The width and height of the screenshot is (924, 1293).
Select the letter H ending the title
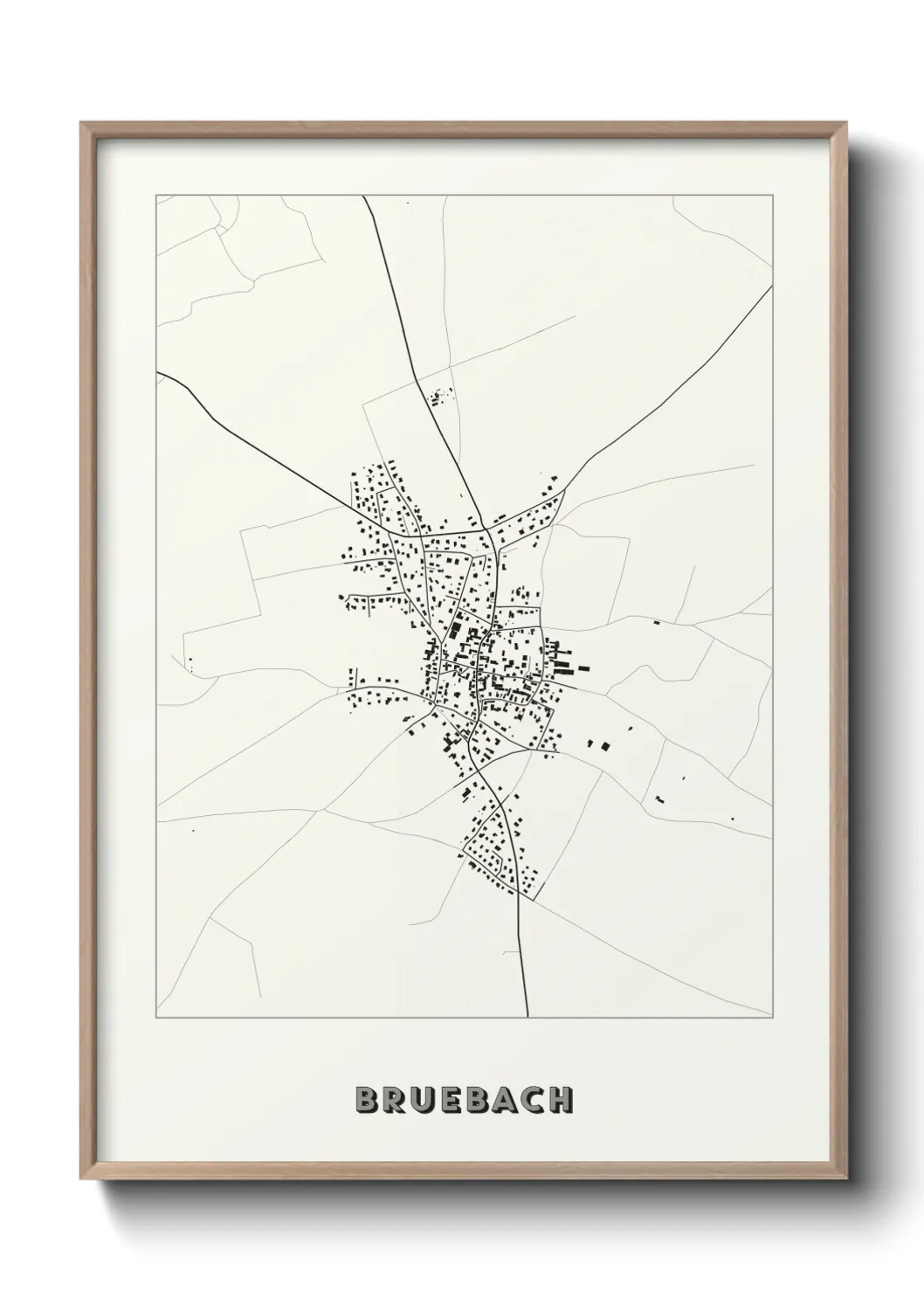coord(559,1100)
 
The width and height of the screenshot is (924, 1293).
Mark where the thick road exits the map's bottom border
coord(528,1017)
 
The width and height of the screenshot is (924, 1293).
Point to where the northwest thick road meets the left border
coord(158,373)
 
